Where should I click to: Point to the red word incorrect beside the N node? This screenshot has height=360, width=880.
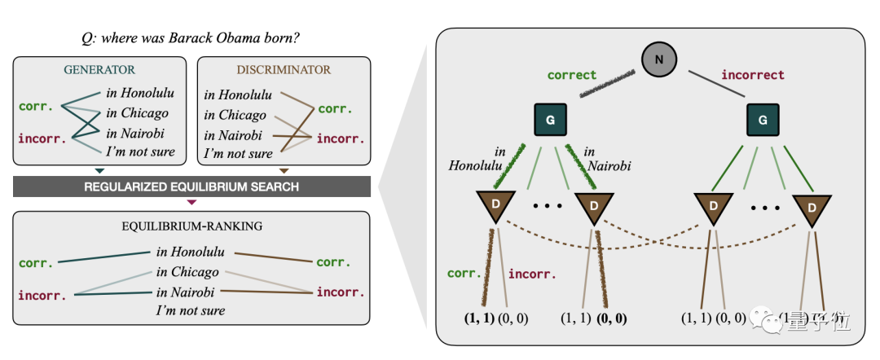752,75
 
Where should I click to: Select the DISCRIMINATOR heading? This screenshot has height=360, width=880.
284,70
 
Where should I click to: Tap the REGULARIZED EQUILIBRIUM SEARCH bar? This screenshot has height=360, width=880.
191,187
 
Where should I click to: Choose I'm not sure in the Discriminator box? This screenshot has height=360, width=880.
238,153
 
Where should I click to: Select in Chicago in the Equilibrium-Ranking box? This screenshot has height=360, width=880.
187,272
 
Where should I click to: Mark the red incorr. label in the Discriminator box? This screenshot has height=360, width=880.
337,138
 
